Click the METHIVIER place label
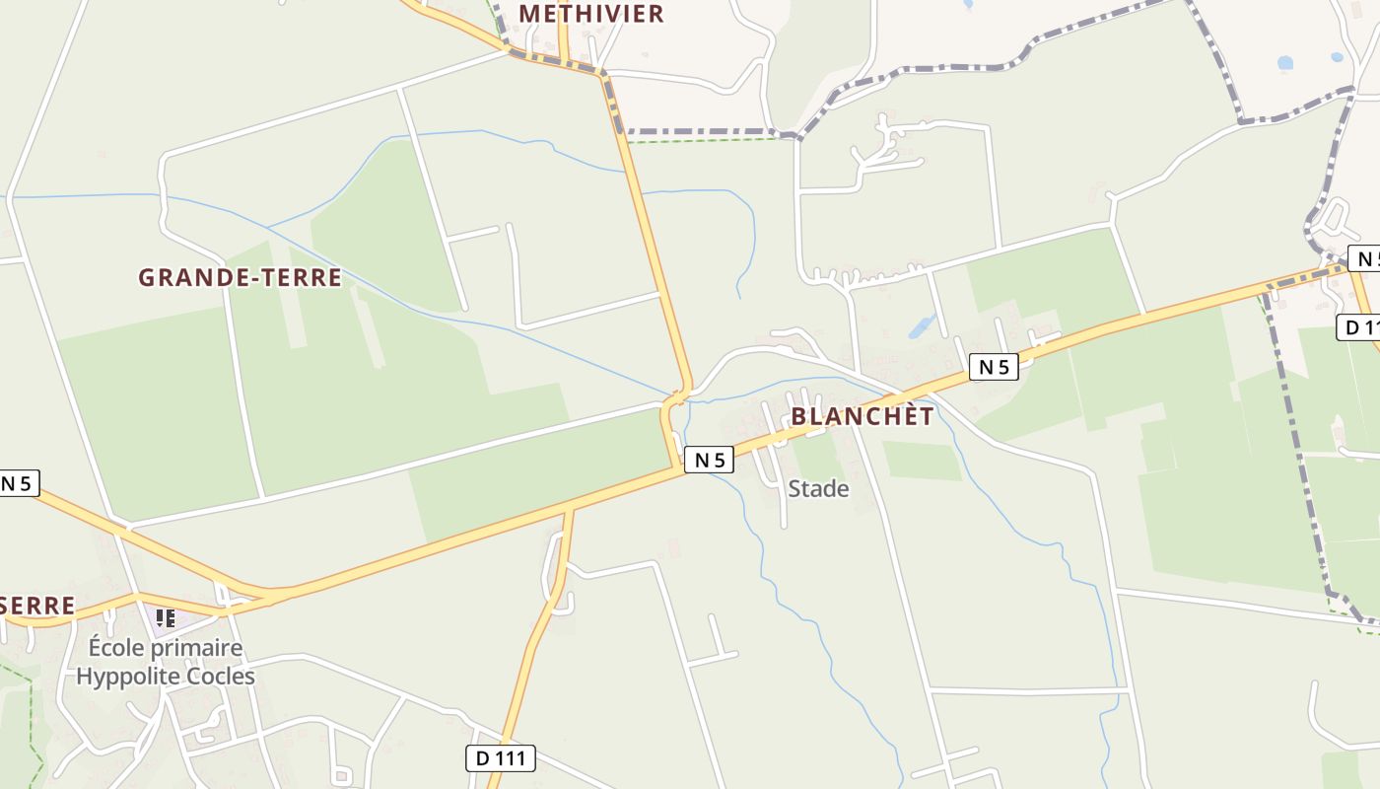[x=590, y=13]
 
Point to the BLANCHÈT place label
[x=862, y=416]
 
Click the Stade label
[x=818, y=488]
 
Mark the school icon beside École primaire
[x=165, y=618]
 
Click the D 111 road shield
[x=501, y=758]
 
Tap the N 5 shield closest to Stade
[x=709, y=460]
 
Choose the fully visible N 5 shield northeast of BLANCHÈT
[x=993, y=367]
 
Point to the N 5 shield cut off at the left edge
[x=18, y=483]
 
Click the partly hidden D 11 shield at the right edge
[x=1359, y=327]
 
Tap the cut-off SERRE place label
[x=37, y=606]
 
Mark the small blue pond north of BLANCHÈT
[x=922, y=325]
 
